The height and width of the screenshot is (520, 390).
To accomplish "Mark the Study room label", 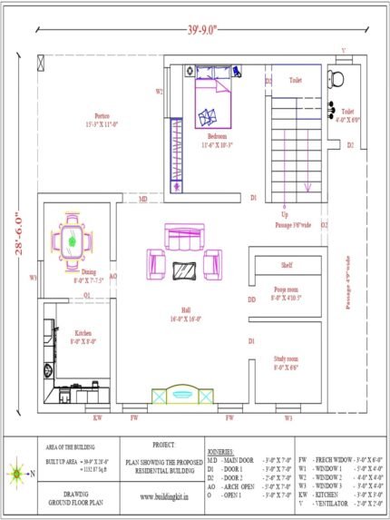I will [287, 362].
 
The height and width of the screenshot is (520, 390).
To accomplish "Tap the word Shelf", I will [287, 265].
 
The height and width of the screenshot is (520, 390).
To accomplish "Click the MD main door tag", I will [143, 198].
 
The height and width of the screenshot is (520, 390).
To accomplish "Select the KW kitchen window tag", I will [97, 417].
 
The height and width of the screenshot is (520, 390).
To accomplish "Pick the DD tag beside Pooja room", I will [252, 299].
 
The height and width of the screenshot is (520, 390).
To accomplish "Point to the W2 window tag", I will [159, 92].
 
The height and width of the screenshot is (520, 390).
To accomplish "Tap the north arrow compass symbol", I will [17, 473].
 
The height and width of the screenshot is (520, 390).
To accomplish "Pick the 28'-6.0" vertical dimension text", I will [16, 235].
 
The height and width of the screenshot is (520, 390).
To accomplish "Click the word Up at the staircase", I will [286, 214].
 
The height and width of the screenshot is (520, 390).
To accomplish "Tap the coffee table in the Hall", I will [185, 270].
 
